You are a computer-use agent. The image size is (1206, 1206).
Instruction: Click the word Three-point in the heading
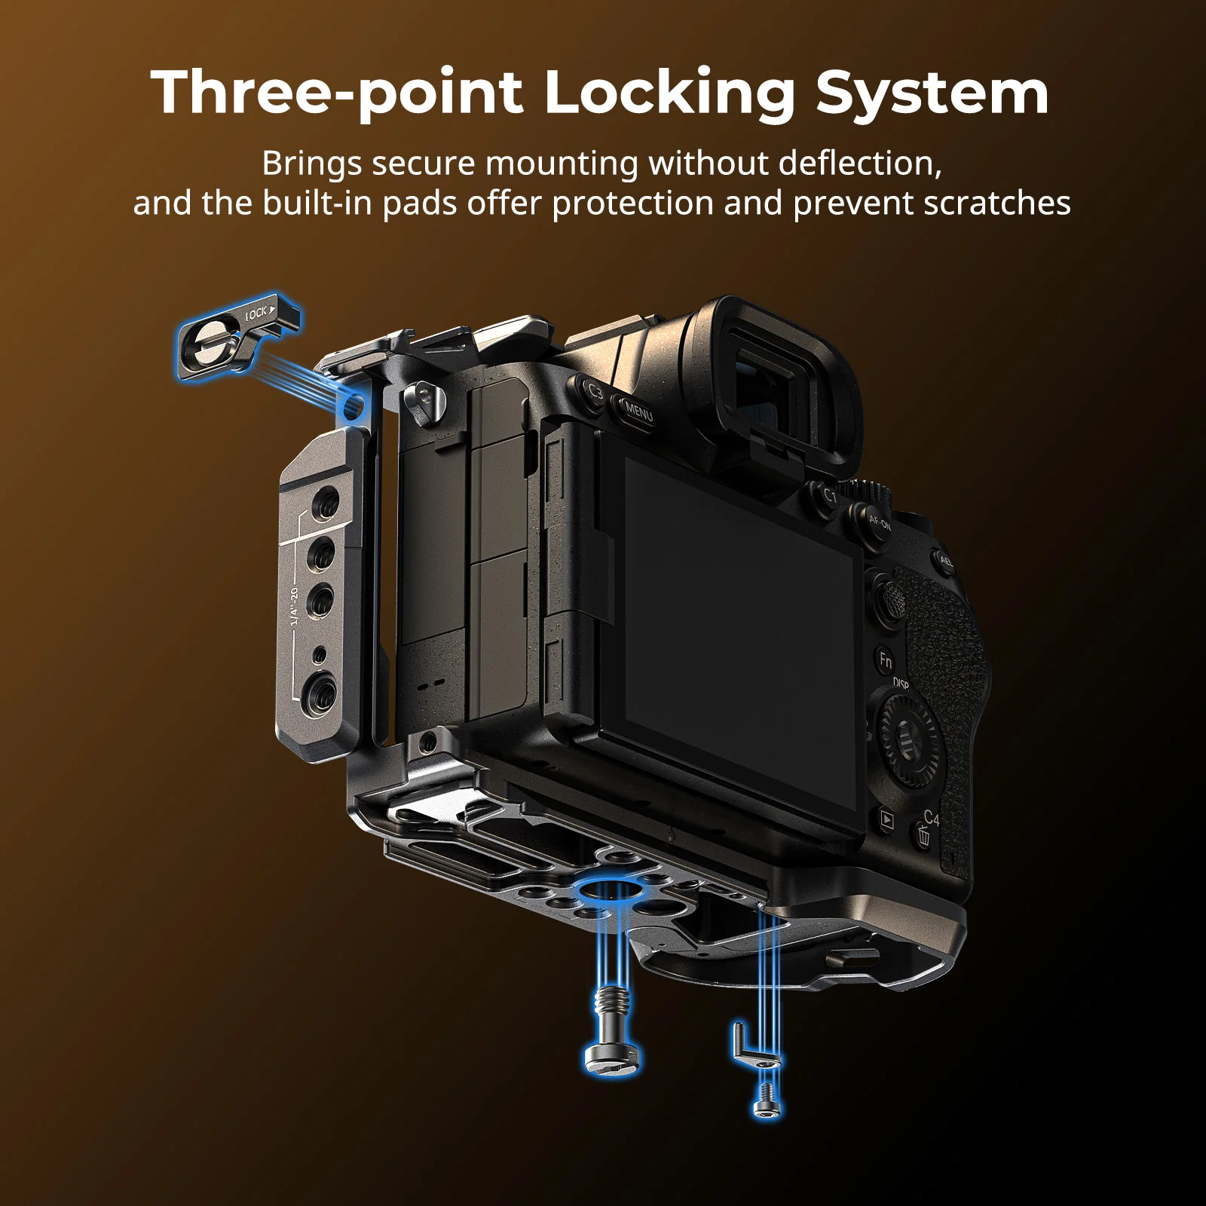[337, 93]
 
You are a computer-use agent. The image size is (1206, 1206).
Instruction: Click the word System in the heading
[932, 93]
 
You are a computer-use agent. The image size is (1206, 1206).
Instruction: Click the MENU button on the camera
[637, 412]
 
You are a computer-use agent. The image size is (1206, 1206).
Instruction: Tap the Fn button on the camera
[886, 661]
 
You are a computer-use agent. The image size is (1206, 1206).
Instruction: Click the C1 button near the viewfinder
[828, 496]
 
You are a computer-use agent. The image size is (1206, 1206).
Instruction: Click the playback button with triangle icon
[887, 820]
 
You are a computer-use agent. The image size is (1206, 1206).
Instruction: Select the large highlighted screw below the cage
[613, 1030]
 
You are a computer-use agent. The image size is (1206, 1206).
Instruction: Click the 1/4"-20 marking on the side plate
[294, 606]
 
